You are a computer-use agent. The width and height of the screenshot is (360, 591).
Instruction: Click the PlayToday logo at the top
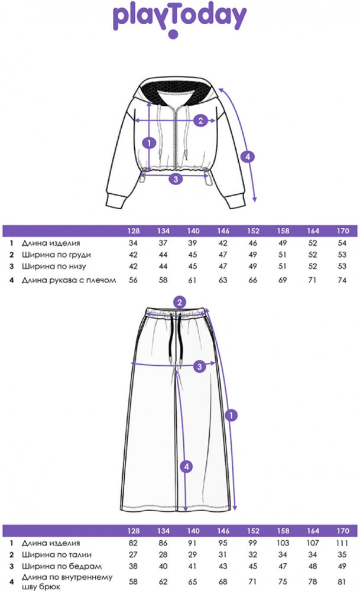pos(179,20)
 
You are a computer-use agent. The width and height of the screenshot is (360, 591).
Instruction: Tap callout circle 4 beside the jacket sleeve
pos(249,157)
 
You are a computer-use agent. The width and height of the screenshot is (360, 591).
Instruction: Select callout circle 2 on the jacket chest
pos(200,121)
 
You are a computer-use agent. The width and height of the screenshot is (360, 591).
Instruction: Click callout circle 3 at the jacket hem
pos(174,178)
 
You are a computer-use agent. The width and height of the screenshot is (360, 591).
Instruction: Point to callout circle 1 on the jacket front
pos(150,142)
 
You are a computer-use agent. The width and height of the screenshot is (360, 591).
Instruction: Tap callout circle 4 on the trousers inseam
pos(187,467)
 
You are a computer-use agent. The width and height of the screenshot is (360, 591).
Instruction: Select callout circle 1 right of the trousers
pos(232,416)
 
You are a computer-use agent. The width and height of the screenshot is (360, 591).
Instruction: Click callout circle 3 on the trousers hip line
pos(200,367)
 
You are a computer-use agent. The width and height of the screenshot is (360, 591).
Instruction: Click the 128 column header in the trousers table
pos(134,530)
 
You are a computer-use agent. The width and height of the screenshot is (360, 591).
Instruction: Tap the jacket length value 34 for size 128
pos(134,243)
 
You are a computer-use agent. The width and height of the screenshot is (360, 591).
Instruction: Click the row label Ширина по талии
pos(50,555)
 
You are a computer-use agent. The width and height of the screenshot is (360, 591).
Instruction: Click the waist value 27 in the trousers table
pos(134,555)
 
